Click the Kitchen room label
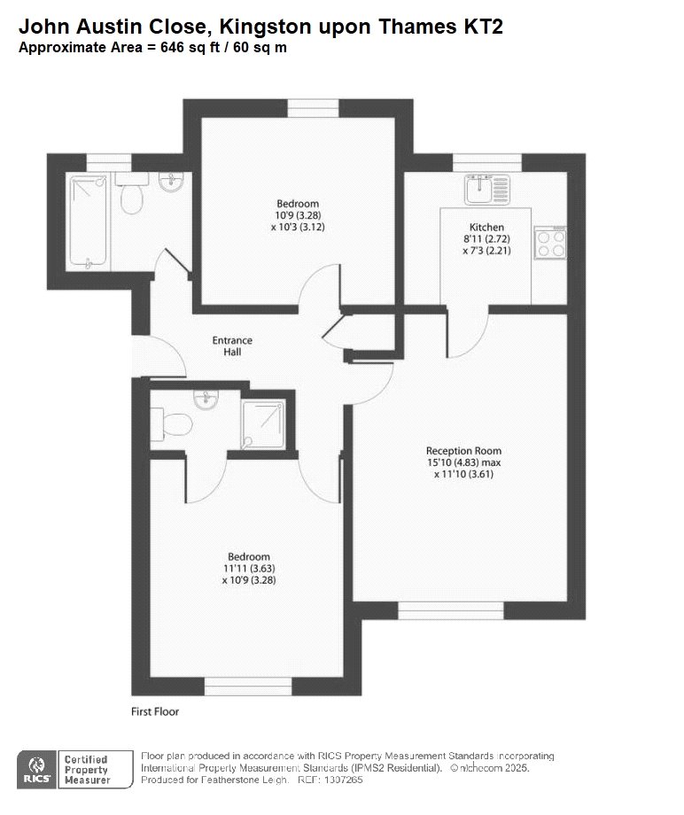(x=486, y=227)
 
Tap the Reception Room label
(x=463, y=451)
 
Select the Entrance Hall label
(x=232, y=345)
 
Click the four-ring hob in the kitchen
(x=551, y=243)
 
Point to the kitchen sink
(x=487, y=190)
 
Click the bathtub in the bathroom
(x=88, y=222)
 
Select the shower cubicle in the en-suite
(x=263, y=423)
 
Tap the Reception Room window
(x=451, y=610)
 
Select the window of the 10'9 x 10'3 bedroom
(x=314, y=109)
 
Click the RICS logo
(x=37, y=769)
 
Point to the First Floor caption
(x=155, y=711)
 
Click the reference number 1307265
(x=344, y=780)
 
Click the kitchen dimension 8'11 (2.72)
(x=486, y=239)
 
